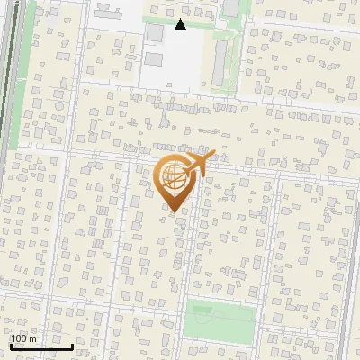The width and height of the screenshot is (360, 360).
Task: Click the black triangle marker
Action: [180, 24]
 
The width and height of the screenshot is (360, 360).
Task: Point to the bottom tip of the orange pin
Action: [173, 211]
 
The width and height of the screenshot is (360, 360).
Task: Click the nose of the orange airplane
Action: [213, 156]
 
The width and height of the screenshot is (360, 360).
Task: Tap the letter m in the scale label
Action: [32, 338]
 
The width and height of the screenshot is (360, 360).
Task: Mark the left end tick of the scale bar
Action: [10, 346]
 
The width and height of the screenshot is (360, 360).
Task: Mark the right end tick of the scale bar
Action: [72, 346]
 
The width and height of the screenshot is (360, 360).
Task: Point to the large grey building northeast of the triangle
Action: [230, 8]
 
